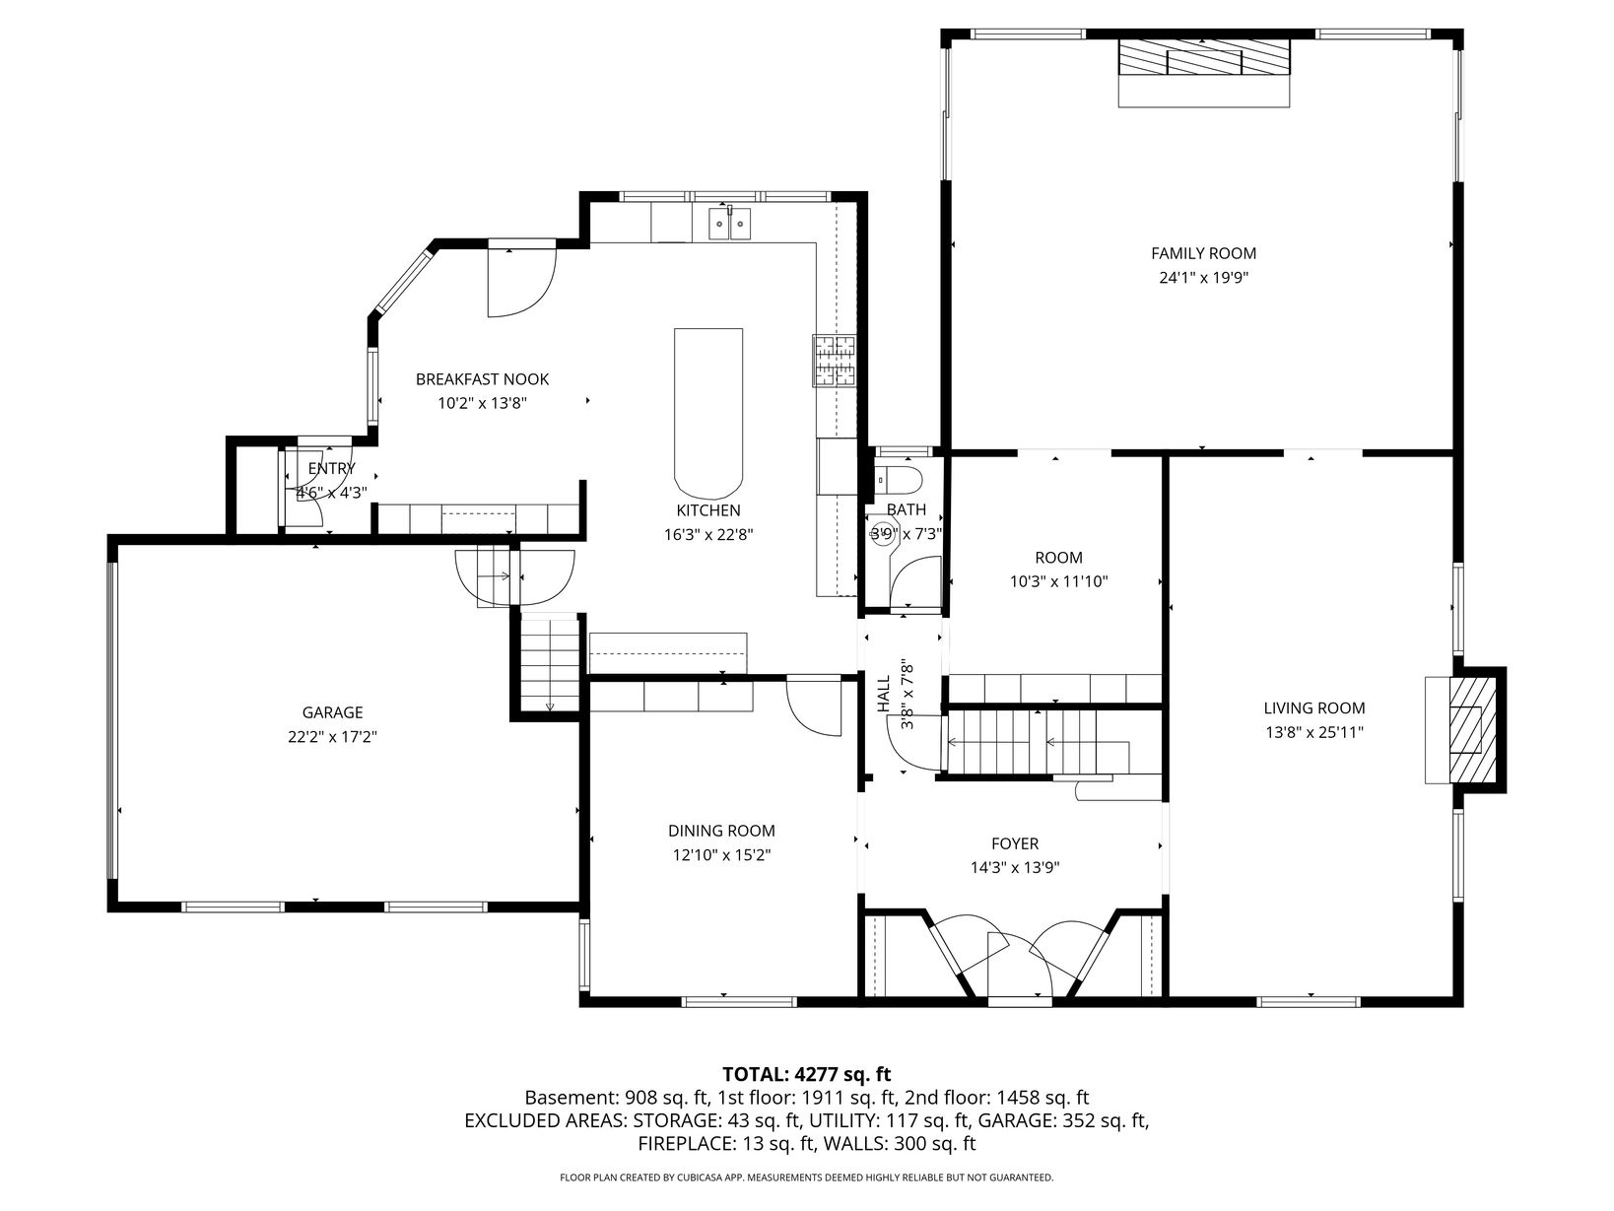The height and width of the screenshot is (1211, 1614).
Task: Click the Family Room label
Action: point(1203,253)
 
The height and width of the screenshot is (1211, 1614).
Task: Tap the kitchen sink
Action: point(729,224)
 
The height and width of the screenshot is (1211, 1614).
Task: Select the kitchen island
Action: point(708,413)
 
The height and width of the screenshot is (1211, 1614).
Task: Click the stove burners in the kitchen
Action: point(835,361)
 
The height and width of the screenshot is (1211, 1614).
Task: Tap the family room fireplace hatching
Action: point(1204,56)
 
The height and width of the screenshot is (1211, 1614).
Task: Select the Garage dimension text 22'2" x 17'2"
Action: point(332,737)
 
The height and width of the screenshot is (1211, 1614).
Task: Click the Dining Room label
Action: point(721,831)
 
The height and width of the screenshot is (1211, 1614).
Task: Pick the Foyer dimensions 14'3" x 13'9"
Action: point(1015,868)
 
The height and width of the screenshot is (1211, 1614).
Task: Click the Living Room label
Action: point(1314,708)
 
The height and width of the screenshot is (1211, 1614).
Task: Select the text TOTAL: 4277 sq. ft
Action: point(807,1075)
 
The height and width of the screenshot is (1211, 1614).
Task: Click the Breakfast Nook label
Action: point(483,379)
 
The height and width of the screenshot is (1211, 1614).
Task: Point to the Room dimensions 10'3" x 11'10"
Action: point(1059,581)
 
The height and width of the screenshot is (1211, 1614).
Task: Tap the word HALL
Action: point(884,694)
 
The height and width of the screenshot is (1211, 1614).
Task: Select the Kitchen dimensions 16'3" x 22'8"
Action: point(708,534)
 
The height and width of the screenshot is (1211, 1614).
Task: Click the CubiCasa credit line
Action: point(807,1177)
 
